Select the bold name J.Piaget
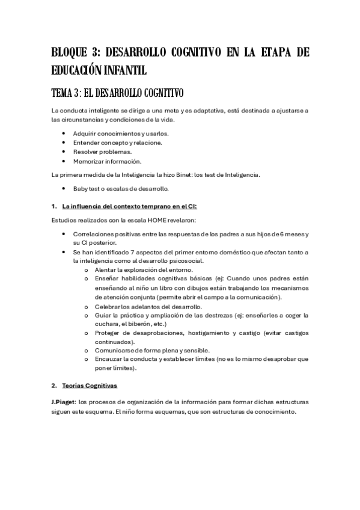coord(66,401)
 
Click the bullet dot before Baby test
coord(64,189)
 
